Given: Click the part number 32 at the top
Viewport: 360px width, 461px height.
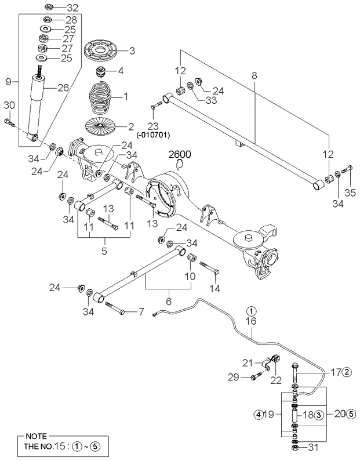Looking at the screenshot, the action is click(72, 8).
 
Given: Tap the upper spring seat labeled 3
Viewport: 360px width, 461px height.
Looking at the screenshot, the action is click(101, 50).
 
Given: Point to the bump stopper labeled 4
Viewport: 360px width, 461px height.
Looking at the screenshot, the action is click(101, 71).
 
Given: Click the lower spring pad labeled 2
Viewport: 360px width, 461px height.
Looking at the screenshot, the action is click(100, 126).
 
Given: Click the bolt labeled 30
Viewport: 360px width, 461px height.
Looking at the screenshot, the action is click(10, 123).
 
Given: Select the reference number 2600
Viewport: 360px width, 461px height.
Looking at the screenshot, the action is click(179, 154).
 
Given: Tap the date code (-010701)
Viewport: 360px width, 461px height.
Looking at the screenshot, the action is click(153, 135).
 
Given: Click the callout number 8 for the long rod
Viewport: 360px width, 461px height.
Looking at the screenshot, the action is click(254, 75).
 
